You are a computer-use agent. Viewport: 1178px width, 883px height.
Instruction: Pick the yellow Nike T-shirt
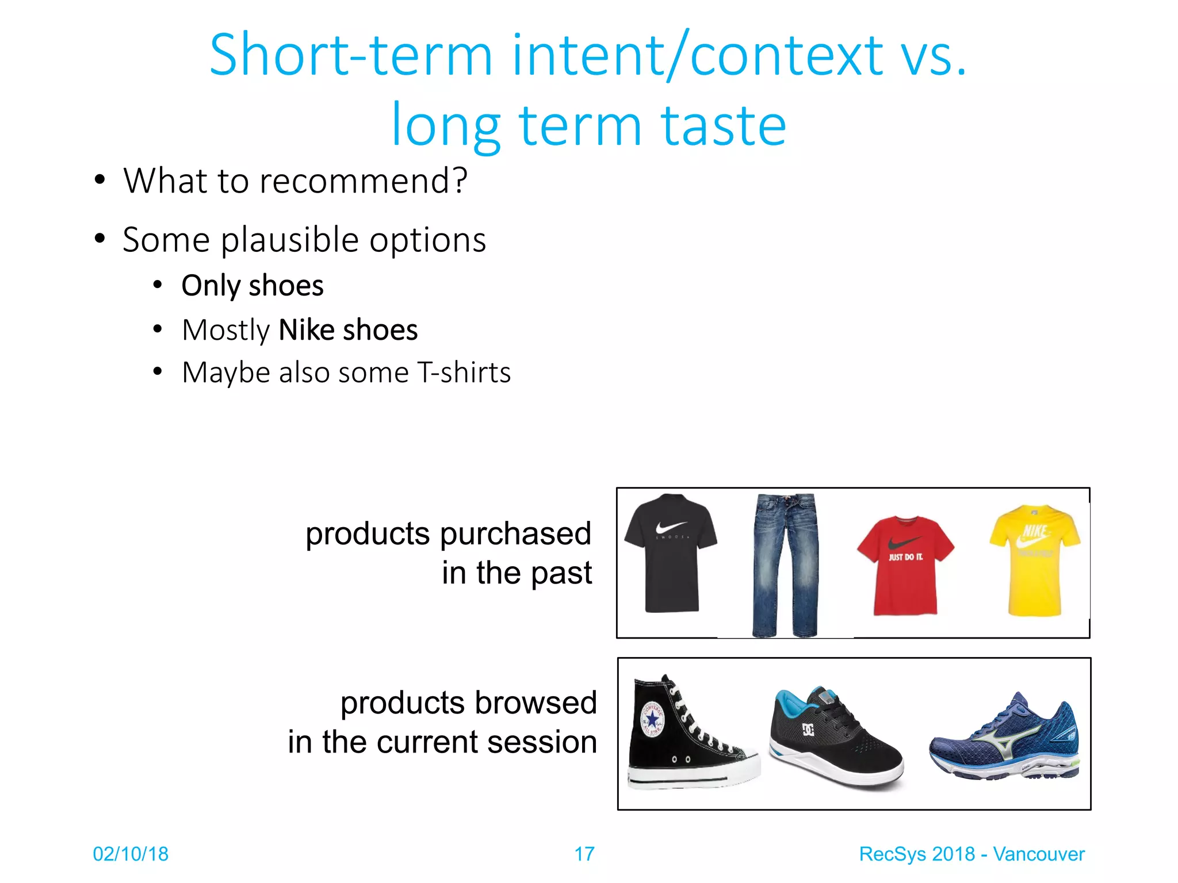coord(1035,560)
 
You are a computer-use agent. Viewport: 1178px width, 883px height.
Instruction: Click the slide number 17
coord(584,854)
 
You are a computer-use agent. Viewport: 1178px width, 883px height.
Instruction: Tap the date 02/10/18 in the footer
coord(131,854)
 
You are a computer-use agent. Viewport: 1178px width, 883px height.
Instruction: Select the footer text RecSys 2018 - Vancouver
coord(972,854)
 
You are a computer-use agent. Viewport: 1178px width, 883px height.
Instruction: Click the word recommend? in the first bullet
coord(364,181)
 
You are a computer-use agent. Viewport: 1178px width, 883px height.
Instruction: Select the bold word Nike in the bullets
coord(307,330)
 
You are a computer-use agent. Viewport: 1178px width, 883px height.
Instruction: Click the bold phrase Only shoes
coord(253,286)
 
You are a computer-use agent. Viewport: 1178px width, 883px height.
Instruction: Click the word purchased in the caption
coord(515,533)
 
